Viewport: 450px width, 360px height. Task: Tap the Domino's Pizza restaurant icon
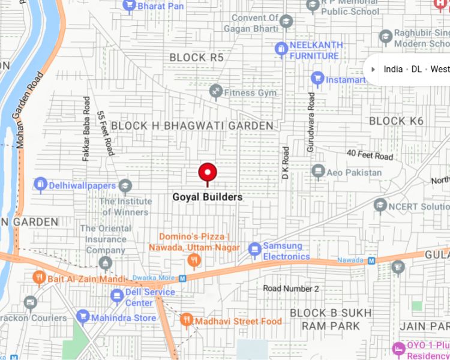pyautogui.click(x=193, y=260)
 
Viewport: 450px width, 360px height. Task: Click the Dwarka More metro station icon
pyautogui.click(x=182, y=278)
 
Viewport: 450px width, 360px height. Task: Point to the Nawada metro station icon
pyautogui.click(x=371, y=260)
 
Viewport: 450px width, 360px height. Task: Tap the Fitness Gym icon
pyautogui.click(x=216, y=92)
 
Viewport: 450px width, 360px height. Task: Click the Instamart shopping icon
pyautogui.click(x=317, y=79)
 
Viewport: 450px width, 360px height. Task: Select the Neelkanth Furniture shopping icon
pyautogui.click(x=281, y=49)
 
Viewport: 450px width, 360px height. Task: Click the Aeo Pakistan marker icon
pyautogui.click(x=318, y=172)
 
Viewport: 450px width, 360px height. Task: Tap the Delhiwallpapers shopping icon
pyautogui.click(x=40, y=184)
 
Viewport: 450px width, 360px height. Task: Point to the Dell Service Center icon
pyautogui.click(x=117, y=296)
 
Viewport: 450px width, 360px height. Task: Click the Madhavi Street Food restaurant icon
pyautogui.click(x=186, y=320)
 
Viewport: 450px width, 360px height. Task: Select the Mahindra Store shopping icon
pyautogui.click(x=83, y=317)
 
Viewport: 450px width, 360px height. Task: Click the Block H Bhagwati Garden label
pyautogui.click(x=192, y=125)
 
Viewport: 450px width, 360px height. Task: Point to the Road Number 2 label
pyautogui.click(x=291, y=289)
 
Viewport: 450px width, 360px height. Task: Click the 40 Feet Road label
pyautogui.click(x=370, y=155)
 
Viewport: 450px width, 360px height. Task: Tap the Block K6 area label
pyautogui.click(x=396, y=121)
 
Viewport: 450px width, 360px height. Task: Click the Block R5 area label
pyautogui.click(x=196, y=57)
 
